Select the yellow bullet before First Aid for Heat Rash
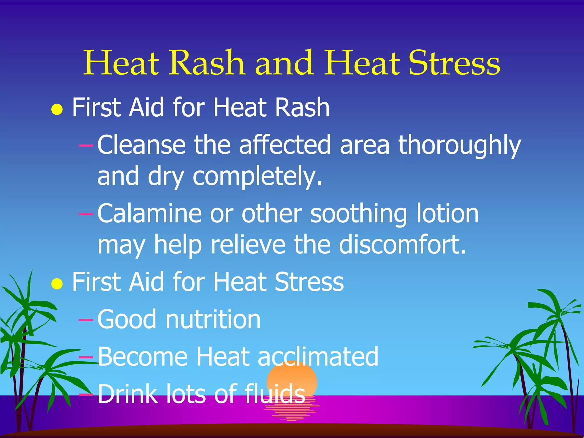click(x=57, y=109)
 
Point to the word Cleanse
click(x=141, y=145)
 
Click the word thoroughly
click(x=459, y=145)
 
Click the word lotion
click(x=447, y=214)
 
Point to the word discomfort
click(x=402, y=245)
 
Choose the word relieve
click(x=248, y=245)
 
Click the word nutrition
click(x=213, y=319)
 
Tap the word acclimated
click(x=318, y=356)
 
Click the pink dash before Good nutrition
click(x=86, y=320)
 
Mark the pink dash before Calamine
click(x=86, y=213)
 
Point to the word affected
click(x=285, y=145)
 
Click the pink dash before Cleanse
click(x=86, y=145)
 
